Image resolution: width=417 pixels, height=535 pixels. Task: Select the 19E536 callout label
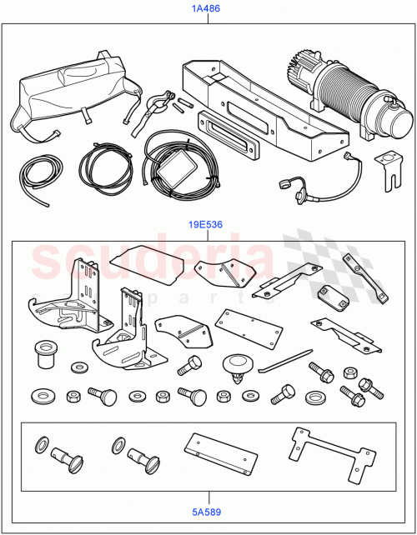[x=208, y=225]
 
